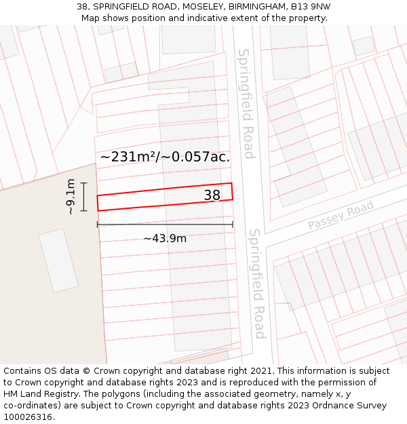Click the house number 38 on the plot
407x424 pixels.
tap(212, 195)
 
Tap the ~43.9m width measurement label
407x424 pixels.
tap(165, 238)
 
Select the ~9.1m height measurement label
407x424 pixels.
tap(71, 197)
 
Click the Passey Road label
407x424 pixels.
tap(341, 216)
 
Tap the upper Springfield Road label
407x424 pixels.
tap(246, 103)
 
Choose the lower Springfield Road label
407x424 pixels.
tap(257, 283)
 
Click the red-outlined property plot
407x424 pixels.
tap(149, 198)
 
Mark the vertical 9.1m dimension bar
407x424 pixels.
tap(83, 197)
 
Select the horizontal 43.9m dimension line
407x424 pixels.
tap(165, 225)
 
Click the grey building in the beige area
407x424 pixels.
tap(58, 261)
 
